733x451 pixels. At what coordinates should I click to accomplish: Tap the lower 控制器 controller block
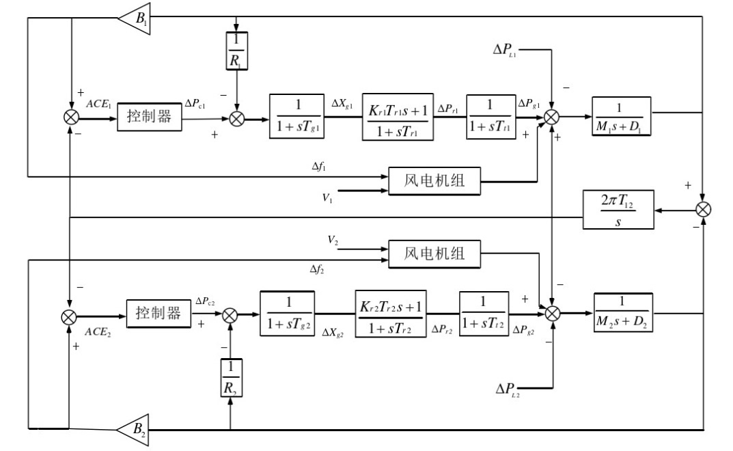click(x=157, y=314)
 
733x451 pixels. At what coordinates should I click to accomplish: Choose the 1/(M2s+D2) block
click(x=620, y=313)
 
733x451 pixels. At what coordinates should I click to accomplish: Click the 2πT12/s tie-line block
click(x=618, y=210)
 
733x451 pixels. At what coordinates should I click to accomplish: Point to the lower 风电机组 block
click(x=434, y=254)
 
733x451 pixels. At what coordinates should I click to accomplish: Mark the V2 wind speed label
click(x=333, y=240)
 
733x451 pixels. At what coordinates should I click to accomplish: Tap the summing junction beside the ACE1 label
click(x=70, y=116)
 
